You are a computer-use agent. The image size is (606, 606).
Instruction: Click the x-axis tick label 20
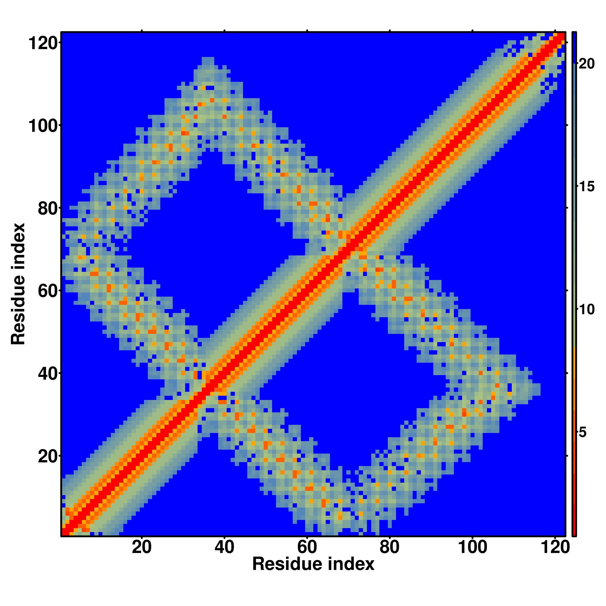142,548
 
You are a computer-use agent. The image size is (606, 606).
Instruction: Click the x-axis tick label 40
224,548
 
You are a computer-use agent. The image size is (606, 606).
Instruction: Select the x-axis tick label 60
307,548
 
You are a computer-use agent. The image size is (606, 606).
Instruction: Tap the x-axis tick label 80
390,548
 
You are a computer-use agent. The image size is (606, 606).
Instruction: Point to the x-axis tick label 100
472,548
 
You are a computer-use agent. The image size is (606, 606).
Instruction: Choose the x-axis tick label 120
555,548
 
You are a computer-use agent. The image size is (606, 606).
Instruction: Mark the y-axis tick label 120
44,43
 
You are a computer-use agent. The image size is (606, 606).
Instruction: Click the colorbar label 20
586,64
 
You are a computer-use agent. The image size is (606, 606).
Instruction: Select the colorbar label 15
586,187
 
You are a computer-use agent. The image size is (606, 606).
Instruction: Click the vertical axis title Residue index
18,284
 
